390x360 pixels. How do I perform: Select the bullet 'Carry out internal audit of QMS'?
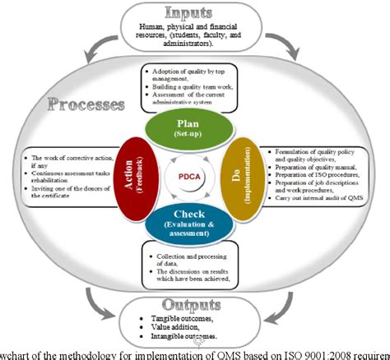coord(309,206)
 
